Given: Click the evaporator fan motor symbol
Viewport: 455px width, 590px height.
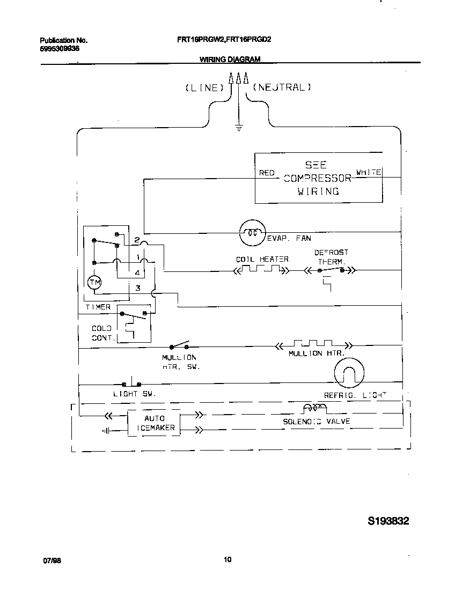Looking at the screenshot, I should (252, 232).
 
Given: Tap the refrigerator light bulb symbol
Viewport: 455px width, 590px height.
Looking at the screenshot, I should (349, 372).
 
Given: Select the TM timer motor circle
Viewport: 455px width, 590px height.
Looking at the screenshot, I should (94, 282).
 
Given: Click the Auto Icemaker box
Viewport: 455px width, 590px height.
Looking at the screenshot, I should (154, 423).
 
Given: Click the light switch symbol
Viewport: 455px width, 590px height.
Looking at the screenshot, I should (131, 383).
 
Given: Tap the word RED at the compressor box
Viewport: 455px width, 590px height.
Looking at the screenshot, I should (267, 173).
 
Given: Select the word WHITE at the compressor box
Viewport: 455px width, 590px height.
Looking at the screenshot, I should (369, 172).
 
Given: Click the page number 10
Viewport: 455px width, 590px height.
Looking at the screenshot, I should (227, 560).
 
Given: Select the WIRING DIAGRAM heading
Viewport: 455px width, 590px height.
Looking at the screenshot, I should (230, 60).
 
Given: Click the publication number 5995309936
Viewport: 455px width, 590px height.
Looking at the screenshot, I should (60, 48).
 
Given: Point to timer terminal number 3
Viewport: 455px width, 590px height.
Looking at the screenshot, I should (137, 289).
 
